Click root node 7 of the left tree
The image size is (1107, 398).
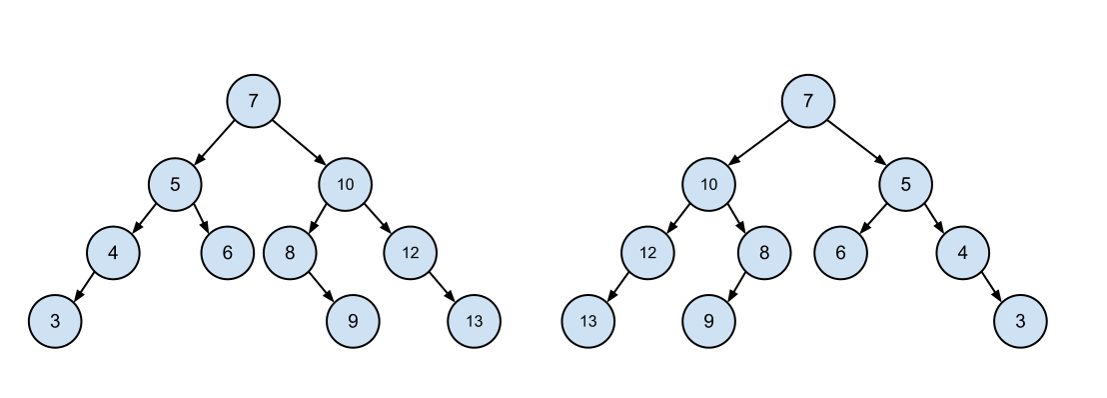[253, 101]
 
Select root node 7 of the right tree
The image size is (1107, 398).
[808, 101]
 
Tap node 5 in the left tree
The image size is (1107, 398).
[175, 184]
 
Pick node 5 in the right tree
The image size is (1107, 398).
[905, 184]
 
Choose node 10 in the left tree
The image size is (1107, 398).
[345, 184]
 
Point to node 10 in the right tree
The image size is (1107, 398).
[708, 184]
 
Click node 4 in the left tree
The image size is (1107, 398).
[113, 253]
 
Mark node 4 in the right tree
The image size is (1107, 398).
[962, 253]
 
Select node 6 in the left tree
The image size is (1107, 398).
[227, 253]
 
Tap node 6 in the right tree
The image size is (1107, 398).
[840, 253]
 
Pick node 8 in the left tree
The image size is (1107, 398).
[290, 253]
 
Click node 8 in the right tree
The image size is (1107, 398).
[764, 253]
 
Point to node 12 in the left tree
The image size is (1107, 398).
[410, 253]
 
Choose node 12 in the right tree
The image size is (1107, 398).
[647, 253]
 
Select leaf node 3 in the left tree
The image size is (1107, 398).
[55, 322]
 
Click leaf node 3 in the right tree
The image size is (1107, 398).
[1020, 322]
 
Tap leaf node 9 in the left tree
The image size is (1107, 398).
[353, 322]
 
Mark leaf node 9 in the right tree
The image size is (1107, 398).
[708, 322]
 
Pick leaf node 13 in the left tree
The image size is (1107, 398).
[474, 322]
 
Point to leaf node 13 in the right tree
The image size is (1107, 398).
[587, 322]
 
